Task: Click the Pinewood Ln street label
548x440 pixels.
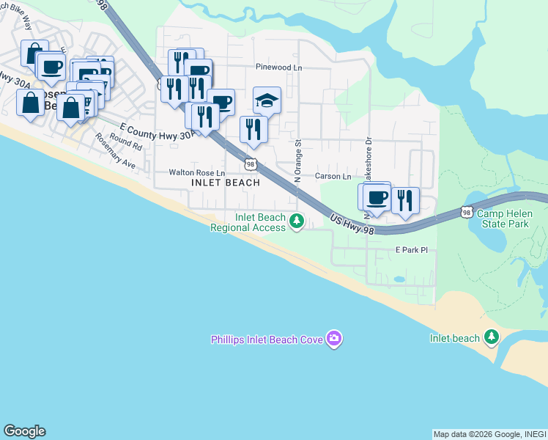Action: tap(279, 67)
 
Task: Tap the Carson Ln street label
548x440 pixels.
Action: tap(333, 177)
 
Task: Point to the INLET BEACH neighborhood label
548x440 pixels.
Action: tap(226, 183)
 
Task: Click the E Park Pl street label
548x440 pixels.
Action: tap(411, 250)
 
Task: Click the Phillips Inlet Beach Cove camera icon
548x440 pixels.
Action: tap(334, 338)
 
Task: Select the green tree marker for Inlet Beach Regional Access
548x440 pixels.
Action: tap(296, 220)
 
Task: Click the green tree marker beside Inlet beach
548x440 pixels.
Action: tap(492, 337)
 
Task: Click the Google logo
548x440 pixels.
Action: tap(24, 431)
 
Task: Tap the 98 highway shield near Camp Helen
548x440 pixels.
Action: tap(467, 212)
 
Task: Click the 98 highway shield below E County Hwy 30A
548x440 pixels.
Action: tap(251, 163)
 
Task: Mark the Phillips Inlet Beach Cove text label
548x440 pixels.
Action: tap(267, 340)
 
